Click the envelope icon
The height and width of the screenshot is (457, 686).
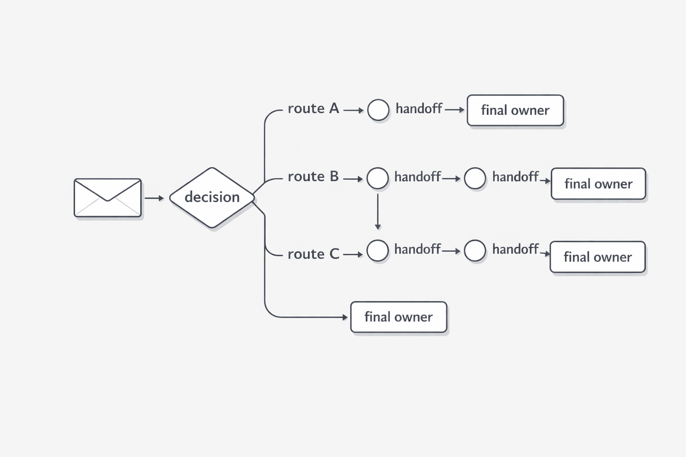pos(108,198)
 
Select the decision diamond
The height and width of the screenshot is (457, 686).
pos(212,197)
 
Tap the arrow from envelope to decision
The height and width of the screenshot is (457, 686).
pos(154,198)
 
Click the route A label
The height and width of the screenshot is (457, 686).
pos(313,108)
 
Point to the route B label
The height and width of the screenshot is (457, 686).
pos(313,177)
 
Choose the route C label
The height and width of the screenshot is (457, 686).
pos(313,254)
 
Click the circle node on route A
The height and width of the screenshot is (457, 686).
pos(378,110)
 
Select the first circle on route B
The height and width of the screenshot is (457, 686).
pos(377,179)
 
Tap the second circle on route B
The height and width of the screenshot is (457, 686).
pos(475,179)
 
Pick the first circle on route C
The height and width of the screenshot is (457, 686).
pos(377,250)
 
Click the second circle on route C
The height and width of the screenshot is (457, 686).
pos(475,250)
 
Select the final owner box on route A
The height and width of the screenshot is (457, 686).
pos(515,110)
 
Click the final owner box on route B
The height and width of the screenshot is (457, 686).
pos(598,183)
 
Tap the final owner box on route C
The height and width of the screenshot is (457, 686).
pos(598,257)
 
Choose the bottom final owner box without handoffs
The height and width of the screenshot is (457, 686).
pos(398,317)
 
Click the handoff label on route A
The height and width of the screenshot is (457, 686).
pos(418,108)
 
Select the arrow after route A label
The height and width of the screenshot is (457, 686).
pos(353,110)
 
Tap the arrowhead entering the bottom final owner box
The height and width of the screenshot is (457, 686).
pos(345,317)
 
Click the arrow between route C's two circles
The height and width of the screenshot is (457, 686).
pos(451,251)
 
